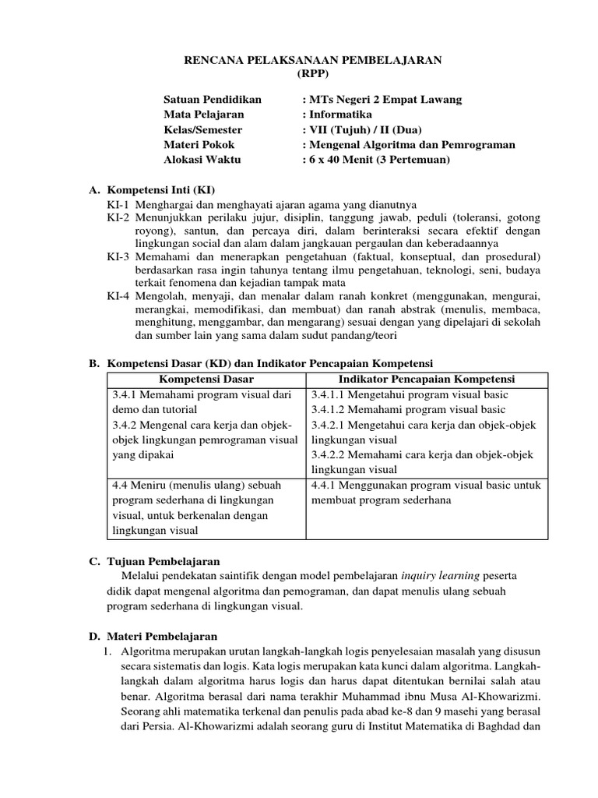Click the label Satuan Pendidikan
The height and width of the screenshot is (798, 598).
[213, 100]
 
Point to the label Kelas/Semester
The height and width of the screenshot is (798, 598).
[202, 129]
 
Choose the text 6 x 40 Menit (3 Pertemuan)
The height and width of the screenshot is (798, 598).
[379, 160]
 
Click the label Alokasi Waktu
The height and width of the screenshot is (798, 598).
[202, 160]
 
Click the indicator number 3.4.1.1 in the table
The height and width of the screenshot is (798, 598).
[330, 394]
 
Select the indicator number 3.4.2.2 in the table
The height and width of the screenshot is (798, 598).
[330, 454]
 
